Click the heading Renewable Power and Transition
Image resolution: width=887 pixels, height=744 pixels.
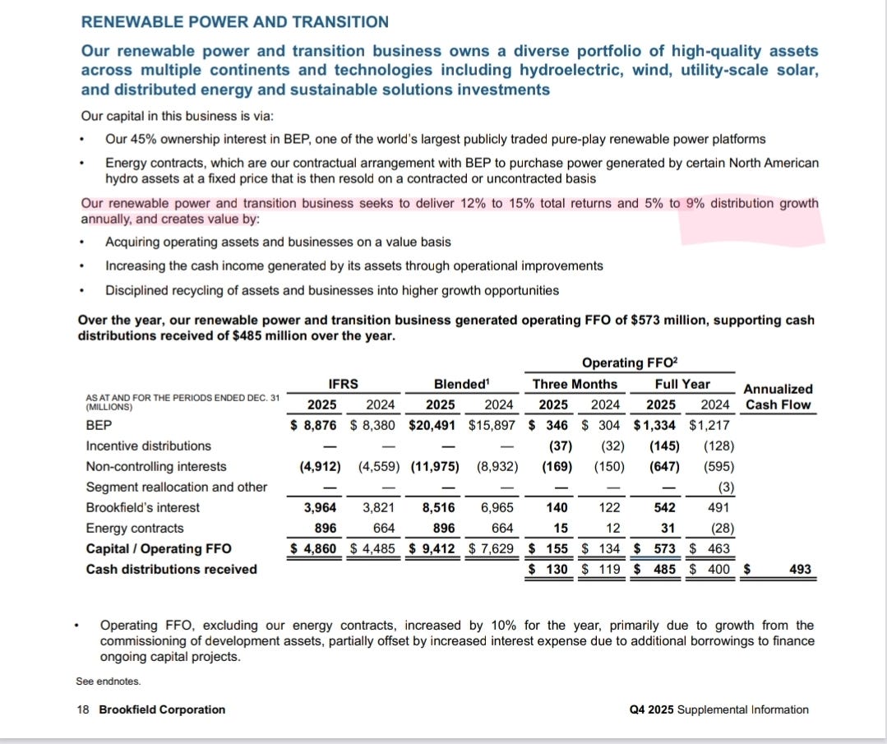(x=235, y=22)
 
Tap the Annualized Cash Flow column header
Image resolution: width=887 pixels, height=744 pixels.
(x=778, y=396)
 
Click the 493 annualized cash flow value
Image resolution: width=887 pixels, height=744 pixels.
(x=798, y=569)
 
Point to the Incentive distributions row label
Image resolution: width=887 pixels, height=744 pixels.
(x=149, y=446)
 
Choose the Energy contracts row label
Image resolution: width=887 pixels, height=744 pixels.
(x=135, y=528)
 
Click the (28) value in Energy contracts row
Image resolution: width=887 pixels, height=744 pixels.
(x=719, y=528)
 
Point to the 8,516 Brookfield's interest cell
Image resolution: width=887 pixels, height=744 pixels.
(x=437, y=507)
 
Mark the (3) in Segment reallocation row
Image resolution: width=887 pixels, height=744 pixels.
(x=725, y=487)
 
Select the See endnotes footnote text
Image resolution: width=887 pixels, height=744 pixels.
(x=108, y=681)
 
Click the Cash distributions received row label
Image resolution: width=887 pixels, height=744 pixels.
(x=171, y=569)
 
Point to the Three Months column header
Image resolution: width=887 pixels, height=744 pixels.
(x=575, y=383)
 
